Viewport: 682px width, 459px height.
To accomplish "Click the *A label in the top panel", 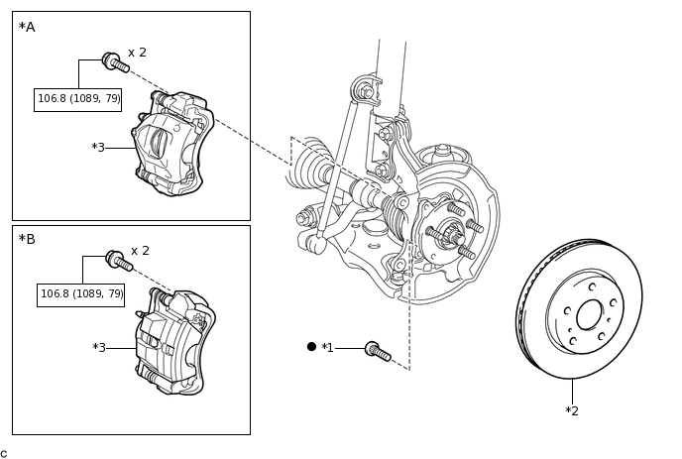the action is point(27,27).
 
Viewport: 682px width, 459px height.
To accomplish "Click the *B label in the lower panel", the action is point(27,239).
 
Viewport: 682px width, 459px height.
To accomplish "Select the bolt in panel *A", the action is point(116,62).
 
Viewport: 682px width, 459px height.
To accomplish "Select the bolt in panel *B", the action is point(119,261).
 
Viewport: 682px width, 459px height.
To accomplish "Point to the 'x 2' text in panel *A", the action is point(138,53).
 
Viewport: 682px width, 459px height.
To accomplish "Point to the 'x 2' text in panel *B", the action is point(140,251).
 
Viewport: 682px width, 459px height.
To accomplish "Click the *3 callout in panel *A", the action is point(98,148).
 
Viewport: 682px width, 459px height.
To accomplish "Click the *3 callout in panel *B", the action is point(99,348).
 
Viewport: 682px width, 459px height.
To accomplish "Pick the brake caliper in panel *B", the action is point(175,342).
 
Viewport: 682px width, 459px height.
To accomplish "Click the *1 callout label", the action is point(327,348).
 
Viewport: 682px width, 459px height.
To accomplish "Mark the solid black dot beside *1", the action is point(311,347).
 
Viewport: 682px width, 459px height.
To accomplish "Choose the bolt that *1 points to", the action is point(378,351).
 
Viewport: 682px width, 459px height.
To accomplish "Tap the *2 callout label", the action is point(572,410).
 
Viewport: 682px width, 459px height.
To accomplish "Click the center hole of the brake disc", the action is point(590,314).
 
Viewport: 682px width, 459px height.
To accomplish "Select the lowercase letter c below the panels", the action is point(4,454).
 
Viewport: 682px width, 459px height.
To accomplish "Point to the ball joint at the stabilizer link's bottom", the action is point(320,244).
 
